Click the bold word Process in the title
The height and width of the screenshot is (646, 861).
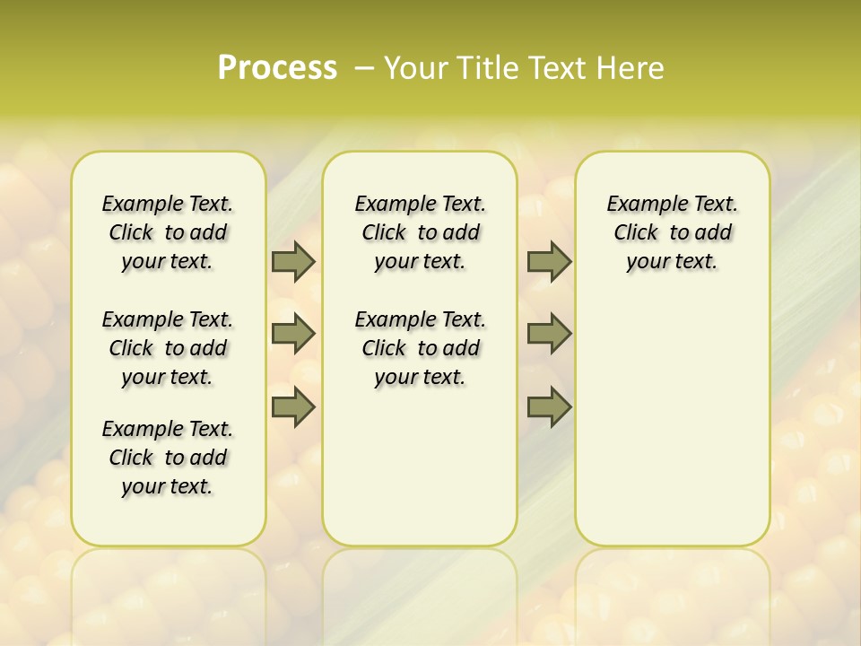277,67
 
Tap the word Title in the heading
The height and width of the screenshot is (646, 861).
482,67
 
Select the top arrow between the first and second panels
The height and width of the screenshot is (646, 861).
293,261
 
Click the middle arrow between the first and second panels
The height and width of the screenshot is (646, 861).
293,334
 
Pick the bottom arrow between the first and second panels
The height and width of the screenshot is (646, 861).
293,407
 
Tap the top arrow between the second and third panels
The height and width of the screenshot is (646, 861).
549,261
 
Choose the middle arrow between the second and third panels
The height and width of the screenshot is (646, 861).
549,334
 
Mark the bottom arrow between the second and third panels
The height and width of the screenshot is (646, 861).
549,407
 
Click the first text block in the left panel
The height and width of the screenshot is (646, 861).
168,232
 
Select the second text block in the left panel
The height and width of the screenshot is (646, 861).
168,348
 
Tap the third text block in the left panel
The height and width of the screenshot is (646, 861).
168,458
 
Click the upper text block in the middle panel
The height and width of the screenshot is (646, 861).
420,232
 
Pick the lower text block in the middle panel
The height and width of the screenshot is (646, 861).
420,348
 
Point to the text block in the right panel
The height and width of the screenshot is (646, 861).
672,232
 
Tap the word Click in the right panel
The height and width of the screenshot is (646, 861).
636,233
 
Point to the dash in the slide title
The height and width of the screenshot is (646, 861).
364,67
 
